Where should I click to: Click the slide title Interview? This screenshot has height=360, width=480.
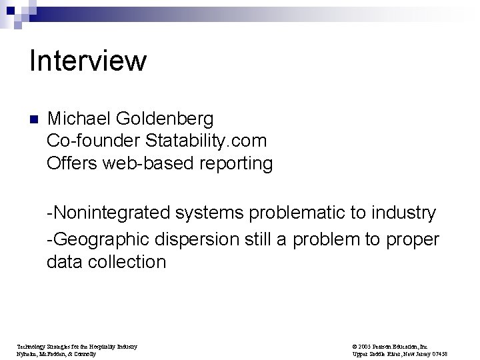88,61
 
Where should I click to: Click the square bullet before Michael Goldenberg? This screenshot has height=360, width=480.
34,121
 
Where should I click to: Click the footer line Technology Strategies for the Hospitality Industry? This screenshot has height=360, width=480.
77,347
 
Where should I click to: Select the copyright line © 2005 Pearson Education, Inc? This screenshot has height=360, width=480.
391,347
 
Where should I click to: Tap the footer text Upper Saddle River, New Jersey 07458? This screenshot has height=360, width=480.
399,354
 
